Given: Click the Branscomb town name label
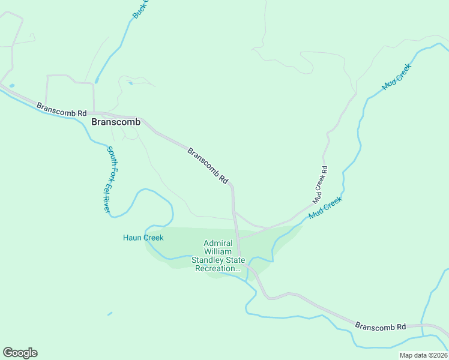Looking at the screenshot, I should (116, 122).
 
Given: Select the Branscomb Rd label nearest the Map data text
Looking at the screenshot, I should (381, 326).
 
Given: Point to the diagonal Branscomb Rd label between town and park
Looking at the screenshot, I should (208, 166).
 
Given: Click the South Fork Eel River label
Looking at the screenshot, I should (109, 180).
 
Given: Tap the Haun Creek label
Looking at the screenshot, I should (143, 238).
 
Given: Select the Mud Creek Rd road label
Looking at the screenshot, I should (320, 184).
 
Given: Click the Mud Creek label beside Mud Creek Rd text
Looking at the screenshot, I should (325, 208).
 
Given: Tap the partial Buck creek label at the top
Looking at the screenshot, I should (140, 9).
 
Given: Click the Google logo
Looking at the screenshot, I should (20, 352).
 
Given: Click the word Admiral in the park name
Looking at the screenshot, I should (218, 244).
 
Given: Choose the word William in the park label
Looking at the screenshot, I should (218, 252).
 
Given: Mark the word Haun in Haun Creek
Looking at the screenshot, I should (132, 238).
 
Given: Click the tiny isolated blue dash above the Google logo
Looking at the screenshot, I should (109, 313).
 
